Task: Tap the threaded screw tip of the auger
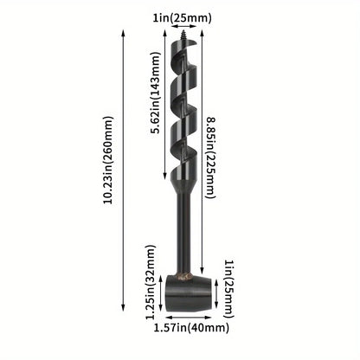183,35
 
